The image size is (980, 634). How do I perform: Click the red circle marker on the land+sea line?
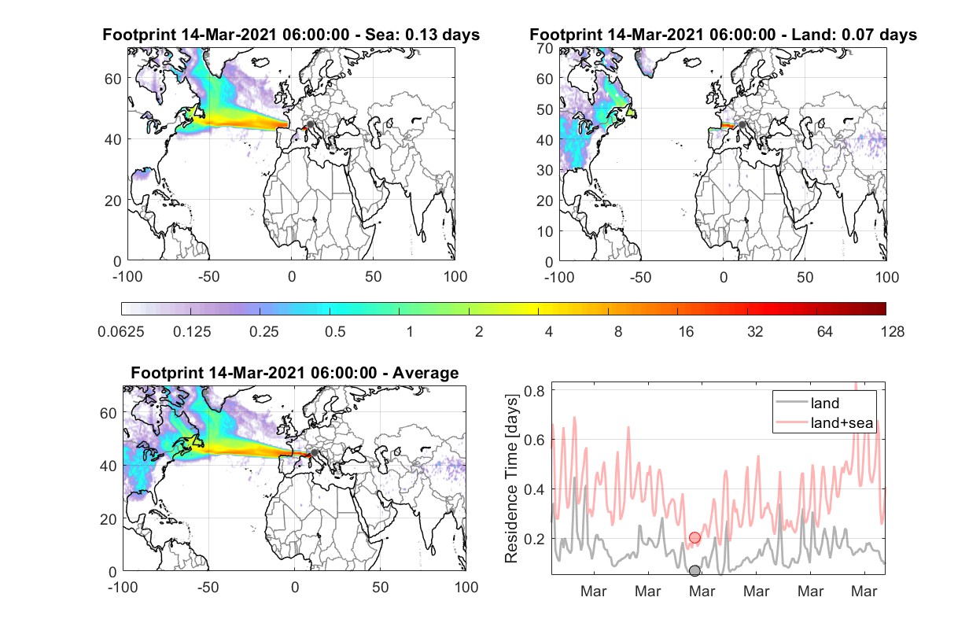pos(694,537)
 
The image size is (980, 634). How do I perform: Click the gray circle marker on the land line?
pos(694,570)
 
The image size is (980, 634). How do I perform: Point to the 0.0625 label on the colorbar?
pos(121,332)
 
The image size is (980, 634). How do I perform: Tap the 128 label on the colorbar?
pos(892,332)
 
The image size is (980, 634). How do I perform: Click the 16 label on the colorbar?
pos(686,332)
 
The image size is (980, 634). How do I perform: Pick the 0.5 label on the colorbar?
pos(335,332)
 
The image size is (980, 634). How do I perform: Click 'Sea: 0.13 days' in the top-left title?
pos(422,35)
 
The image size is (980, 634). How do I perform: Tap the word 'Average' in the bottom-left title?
pos(426,373)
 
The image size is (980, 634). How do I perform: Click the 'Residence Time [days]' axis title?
pos(511,479)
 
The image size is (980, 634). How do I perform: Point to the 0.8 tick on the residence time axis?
pos(534,391)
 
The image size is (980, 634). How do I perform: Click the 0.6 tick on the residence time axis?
pos(534,440)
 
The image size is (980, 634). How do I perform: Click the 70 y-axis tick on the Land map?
pos(545,48)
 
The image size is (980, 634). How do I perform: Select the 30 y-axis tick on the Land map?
pos(545,170)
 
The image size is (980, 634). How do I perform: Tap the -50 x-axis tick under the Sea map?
pos(208,277)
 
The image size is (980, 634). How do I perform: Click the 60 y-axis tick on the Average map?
pos(108,413)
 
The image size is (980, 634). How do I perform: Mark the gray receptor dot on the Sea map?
pos(310,124)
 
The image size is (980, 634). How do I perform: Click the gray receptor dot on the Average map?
pos(314,452)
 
